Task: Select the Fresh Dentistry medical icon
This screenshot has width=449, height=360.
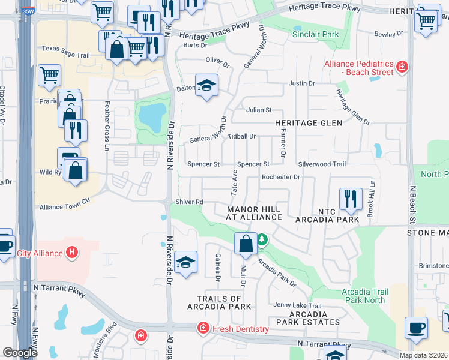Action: (x=203, y=328)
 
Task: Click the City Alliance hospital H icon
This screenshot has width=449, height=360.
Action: (x=72, y=253)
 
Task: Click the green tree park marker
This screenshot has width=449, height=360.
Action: (x=262, y=240)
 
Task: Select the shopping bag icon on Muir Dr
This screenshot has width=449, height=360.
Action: (x=245, y=243)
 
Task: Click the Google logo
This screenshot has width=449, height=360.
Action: (x=20, y=353)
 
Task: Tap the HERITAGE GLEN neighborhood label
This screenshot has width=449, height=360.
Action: (x=309, y=123)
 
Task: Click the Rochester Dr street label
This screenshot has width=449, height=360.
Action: (x=280, y=177)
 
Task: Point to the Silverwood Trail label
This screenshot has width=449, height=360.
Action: (x=322, y=164)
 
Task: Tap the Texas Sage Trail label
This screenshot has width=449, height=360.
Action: (x=66, y=55)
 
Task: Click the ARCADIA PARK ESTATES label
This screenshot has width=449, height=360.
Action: (x=308, y=318)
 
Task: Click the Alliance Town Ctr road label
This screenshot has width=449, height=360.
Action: (x=64, y=207)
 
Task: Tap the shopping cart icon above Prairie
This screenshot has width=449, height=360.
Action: (x=49, y=76)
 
